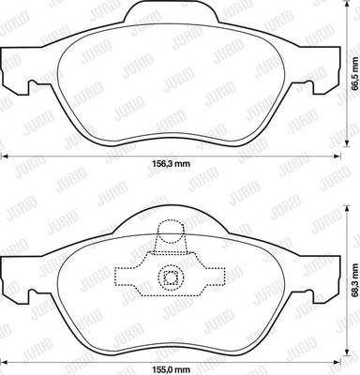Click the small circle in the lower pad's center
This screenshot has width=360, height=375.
tap(171, 277)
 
